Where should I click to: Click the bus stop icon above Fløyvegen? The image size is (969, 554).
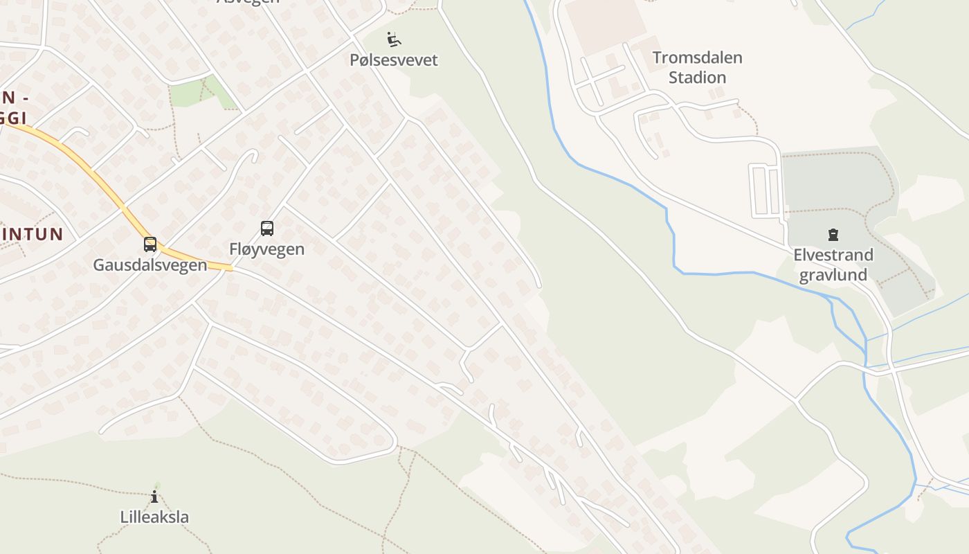[267, 229]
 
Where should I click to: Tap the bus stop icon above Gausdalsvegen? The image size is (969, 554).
[150, 244]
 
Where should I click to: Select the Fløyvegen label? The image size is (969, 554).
[267, 249]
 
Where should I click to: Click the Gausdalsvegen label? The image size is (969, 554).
[150, 265]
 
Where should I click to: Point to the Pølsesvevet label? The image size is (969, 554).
[394, 60]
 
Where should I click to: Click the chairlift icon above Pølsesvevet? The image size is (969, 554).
[394, 39]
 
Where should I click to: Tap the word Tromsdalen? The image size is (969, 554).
[697, 57]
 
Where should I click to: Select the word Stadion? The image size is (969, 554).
[697, 77]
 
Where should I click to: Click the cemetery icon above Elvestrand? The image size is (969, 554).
[833, 235]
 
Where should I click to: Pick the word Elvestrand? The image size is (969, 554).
[833, 255]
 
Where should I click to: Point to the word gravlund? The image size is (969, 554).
[833, 275]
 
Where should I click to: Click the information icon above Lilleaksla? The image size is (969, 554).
[154, 497]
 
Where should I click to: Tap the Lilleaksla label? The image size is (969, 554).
[154, 517]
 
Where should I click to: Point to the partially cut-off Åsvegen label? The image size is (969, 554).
[248, 2]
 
